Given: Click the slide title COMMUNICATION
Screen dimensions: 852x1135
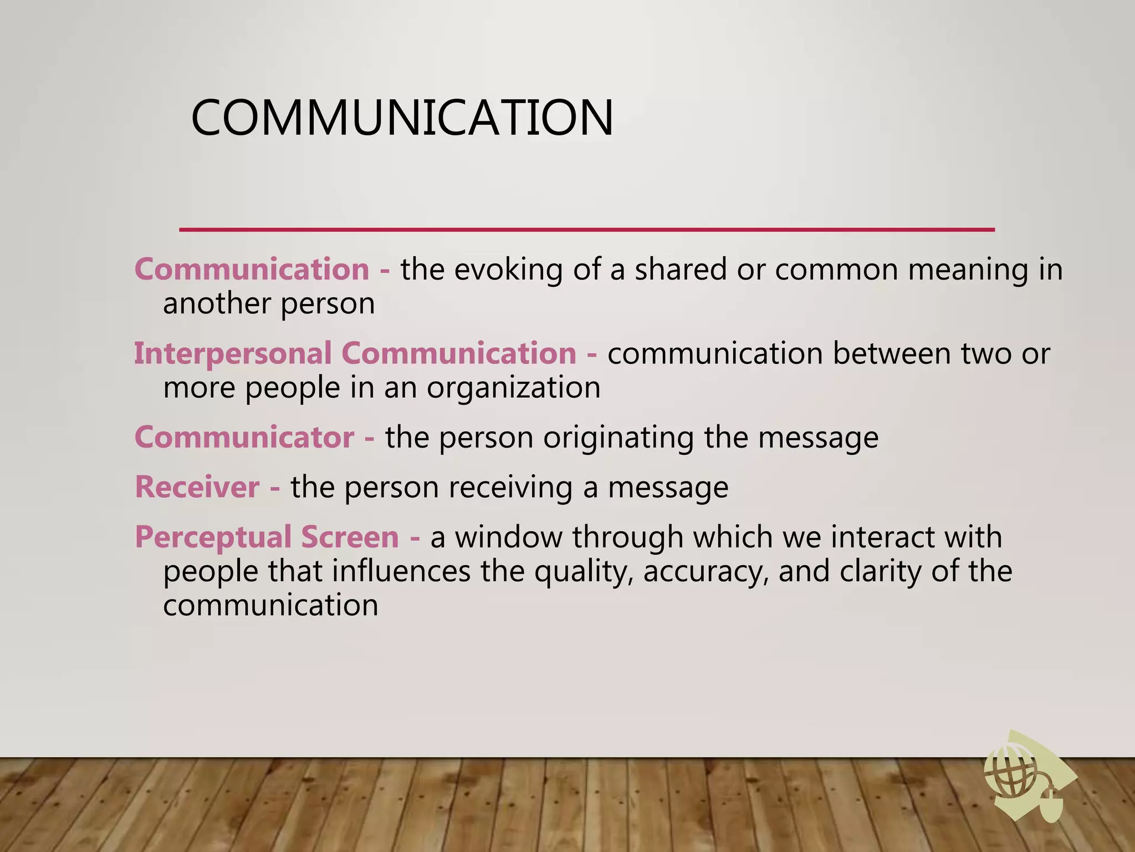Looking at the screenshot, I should point(402,118).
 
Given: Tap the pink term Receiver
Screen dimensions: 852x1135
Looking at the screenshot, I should point(197,487).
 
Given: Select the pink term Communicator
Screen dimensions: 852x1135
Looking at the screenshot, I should point(244,437).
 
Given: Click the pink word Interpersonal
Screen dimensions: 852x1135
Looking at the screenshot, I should point(233,353).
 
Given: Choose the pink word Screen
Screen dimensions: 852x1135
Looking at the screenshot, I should point(350,537).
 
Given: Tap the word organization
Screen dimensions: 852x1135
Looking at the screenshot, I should point(513,388).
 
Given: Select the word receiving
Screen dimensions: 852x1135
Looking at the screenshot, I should point(510,487).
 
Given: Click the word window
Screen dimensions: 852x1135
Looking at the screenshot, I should point(508,537).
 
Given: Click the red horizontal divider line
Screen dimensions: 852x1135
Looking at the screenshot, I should point(587,229).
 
